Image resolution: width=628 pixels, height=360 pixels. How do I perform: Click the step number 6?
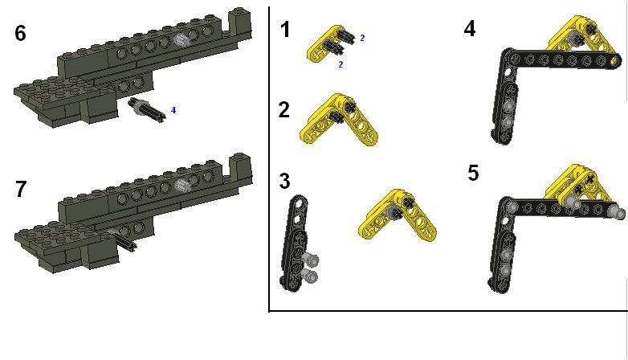20,33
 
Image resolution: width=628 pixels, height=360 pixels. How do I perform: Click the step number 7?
21,189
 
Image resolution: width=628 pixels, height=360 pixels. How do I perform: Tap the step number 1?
285,30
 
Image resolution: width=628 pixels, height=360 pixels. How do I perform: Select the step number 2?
284,109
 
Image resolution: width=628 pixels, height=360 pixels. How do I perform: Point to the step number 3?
284,181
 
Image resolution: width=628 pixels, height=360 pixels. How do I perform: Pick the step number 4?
470,29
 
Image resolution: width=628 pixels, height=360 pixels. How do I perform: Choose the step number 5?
473,174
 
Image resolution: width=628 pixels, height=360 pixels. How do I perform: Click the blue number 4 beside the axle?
173,110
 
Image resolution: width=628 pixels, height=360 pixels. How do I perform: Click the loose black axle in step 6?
147,108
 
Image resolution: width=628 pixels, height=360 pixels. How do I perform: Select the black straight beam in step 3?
296,240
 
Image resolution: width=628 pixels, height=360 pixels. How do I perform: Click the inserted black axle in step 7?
124,239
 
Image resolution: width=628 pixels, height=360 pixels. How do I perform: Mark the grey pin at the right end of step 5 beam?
618,211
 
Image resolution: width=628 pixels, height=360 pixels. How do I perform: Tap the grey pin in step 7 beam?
182,185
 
